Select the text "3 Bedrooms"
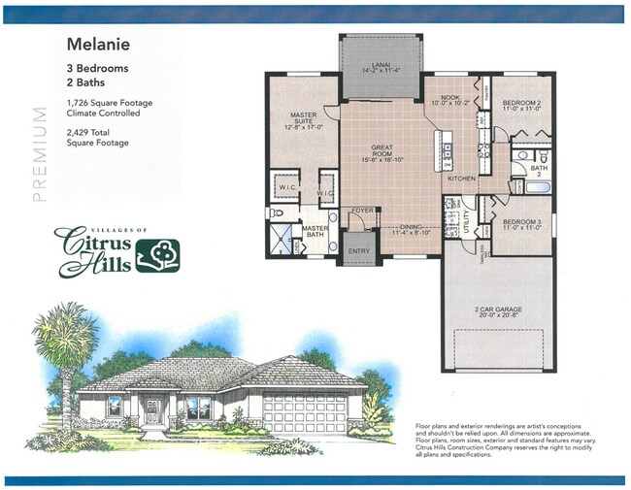coord(97,68)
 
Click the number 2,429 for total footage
coord(80,133)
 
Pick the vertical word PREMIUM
coord(40,153)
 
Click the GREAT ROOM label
coord(382,153)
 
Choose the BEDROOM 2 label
coord(521,103)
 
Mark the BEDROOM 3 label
coord(520,221)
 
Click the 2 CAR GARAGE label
coord(499,310)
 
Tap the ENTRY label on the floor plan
coord(358,250)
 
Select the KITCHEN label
coord(459,179)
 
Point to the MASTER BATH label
coord(314,231)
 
